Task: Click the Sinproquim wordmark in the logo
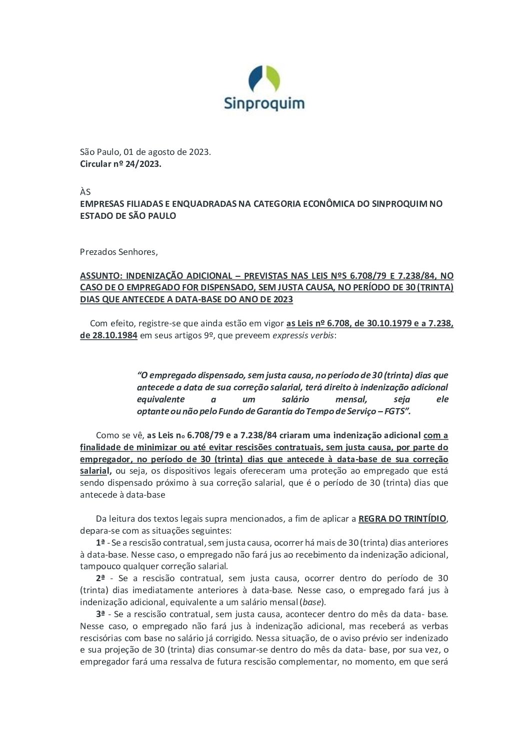click(x=264, y=103)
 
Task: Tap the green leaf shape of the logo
click(x=273, y=79)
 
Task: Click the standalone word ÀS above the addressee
click(x=85, y=192)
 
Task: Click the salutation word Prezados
click(x=97, y=252)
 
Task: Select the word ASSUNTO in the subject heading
click(x=100, y=276)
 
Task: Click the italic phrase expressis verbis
click(x=303, y=335)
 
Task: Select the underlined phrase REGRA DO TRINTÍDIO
click(x=402, y=519)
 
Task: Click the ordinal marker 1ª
click(x=100, y=543)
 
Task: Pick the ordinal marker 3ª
click(x=100, y=614)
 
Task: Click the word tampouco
click(x=99, y=567)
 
